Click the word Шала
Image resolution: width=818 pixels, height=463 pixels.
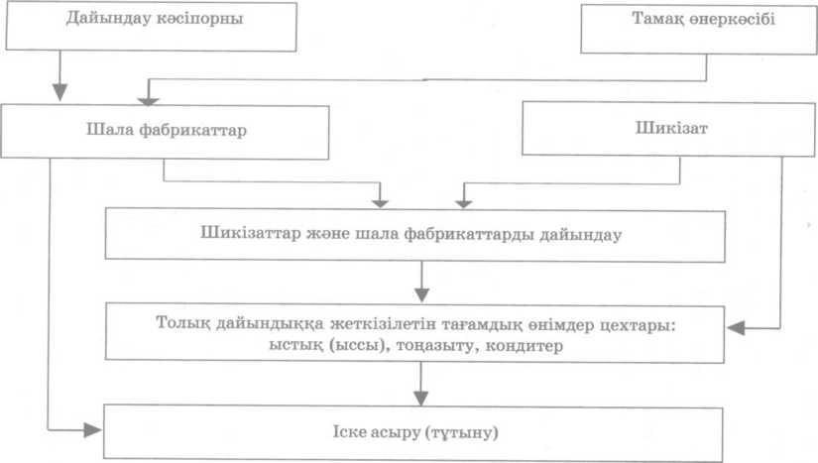(x=109, y=129)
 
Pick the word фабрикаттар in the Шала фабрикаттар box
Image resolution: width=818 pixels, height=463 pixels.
(x=192, y=130)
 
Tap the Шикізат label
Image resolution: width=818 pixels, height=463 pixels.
(x=671, y=128)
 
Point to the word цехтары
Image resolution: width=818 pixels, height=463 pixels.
(x=637, y=325)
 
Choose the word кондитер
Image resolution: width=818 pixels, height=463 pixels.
(x=525, y=346)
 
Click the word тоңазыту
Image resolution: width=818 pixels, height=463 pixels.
(x=437, y=346)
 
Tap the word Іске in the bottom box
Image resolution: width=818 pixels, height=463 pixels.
(x=349, y=431)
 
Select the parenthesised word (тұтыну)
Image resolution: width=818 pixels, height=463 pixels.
(x=462, y=432)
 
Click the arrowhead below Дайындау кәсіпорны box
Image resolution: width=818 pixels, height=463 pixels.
(x=60, y=92)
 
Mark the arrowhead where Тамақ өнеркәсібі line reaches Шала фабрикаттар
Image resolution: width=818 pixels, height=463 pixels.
(x=148, y=100)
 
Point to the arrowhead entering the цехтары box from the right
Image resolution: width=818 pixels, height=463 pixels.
(x=735, y=328)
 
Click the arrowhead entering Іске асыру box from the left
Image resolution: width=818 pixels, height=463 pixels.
(x=92, y=430)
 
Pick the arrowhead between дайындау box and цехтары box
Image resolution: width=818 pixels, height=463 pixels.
(x=421, y=294)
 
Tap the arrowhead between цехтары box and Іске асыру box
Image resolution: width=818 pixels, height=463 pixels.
(x=421, y=399)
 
